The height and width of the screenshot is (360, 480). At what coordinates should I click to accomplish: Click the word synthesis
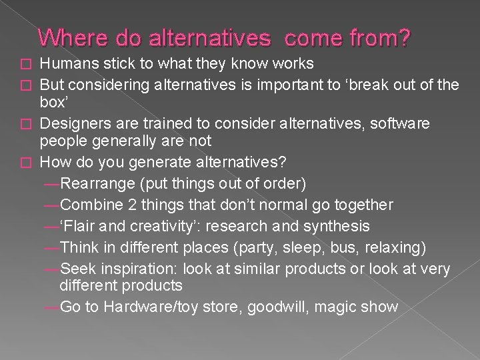click(x=334, y=226)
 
